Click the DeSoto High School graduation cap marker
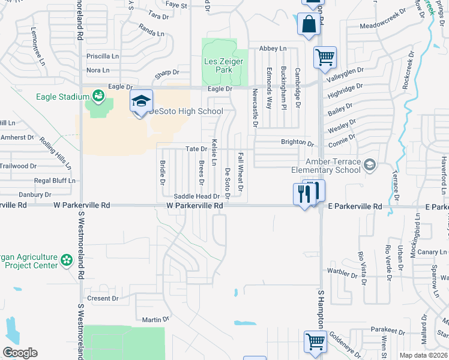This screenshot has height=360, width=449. (x=141, y=101)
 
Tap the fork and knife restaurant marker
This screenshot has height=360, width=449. (x=303, y=193)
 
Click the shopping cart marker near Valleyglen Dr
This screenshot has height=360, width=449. (x=325, y=58)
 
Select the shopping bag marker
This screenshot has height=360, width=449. (x=308, y=25)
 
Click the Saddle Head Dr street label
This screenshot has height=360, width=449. (x=196, y=196)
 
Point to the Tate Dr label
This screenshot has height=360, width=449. (x=196, y=148)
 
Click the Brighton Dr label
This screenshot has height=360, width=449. (x=298, y=143)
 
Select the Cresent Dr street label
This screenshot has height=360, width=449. (x=103, y=298)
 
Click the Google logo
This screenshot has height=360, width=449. (x=20, y=353)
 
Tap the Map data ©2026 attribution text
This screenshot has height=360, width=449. (x=423, y=355)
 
